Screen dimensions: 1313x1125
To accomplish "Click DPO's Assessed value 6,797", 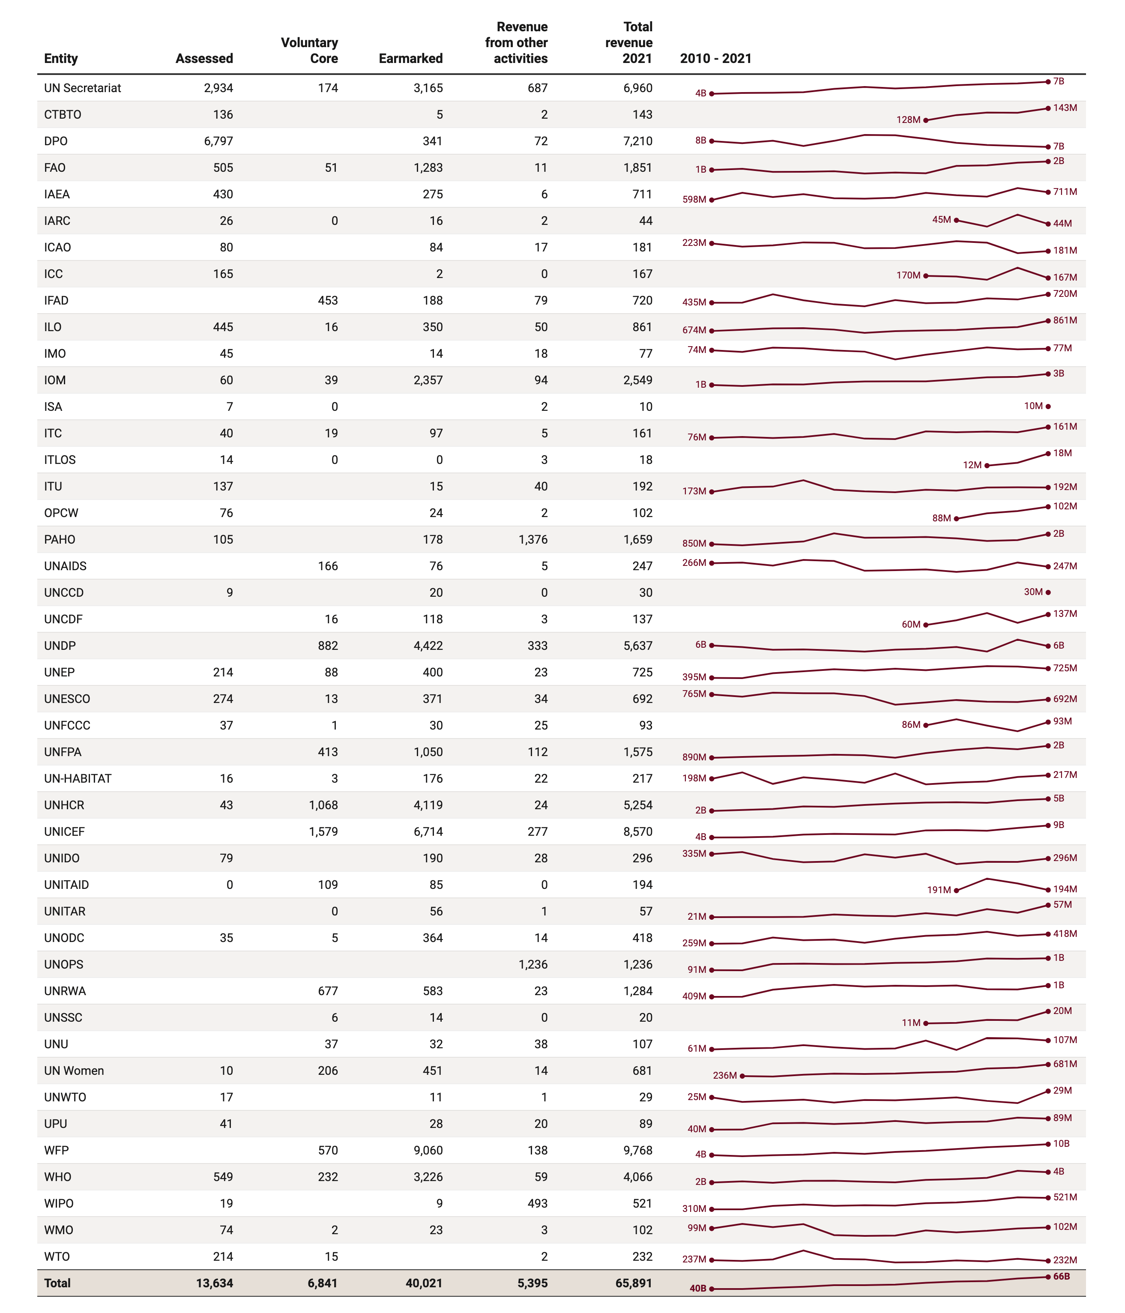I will (x=218, y=141).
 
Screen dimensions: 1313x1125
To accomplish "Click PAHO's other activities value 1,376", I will (x=533, y=539).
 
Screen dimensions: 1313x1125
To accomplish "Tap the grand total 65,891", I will (x=633, y=1283).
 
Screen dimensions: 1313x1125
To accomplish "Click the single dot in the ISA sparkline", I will (x=1048, y=406).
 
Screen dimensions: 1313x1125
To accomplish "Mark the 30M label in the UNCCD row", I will (x=1032, y=592).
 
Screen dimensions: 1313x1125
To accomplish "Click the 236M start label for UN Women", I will (x=724, y=1075).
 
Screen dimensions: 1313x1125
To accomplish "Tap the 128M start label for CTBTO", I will (x=908, y=120).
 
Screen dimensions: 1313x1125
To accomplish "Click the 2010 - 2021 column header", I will (x=715, y=58).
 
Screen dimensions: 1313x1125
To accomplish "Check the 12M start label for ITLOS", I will (x=972, y=465).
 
